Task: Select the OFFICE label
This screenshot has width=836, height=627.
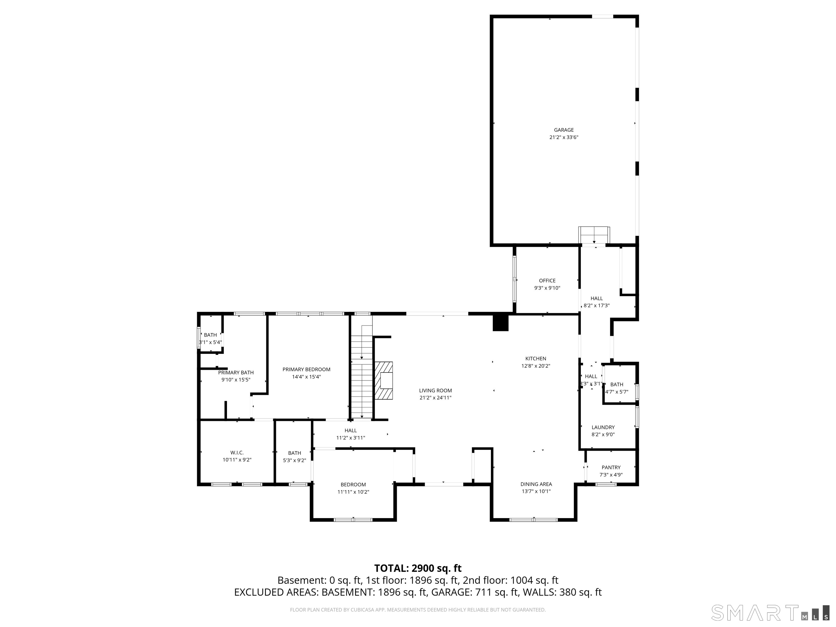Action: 547,280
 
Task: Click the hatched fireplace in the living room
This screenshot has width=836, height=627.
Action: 384,381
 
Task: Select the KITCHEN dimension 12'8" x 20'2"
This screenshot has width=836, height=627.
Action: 536,366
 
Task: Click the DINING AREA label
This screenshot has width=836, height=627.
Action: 536,484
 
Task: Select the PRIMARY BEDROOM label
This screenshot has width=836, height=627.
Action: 306,369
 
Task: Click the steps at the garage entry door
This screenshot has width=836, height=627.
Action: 594,235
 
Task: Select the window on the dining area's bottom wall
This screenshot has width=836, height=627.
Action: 533,520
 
